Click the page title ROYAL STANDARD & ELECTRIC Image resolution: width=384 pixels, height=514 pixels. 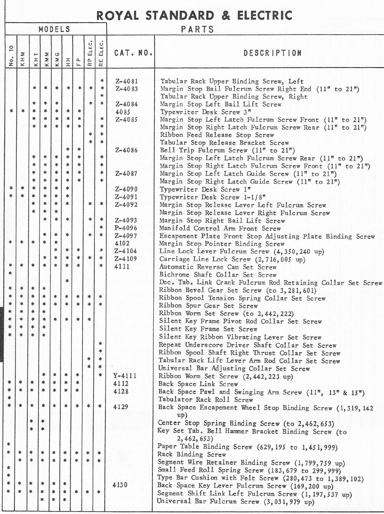194,15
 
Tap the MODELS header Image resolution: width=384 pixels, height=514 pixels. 54,29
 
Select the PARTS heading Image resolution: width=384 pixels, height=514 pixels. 197,30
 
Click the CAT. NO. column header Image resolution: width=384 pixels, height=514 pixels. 133,53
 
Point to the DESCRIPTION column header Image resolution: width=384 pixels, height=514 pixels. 273,53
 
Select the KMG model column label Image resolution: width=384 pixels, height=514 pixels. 57,60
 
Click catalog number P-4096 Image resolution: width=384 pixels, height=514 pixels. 126,228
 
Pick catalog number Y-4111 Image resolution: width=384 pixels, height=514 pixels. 125,376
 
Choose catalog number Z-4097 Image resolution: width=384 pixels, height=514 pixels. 126,235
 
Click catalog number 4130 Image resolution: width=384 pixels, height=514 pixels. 120,485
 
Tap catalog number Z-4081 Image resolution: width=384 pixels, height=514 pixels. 126,81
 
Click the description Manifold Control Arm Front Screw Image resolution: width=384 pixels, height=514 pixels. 220,228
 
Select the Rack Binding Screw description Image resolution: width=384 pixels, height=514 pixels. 192,454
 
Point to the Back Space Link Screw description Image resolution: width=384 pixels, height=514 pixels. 198,384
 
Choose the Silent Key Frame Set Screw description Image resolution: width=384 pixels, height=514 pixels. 202,329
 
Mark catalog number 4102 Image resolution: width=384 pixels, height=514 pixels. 122,243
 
